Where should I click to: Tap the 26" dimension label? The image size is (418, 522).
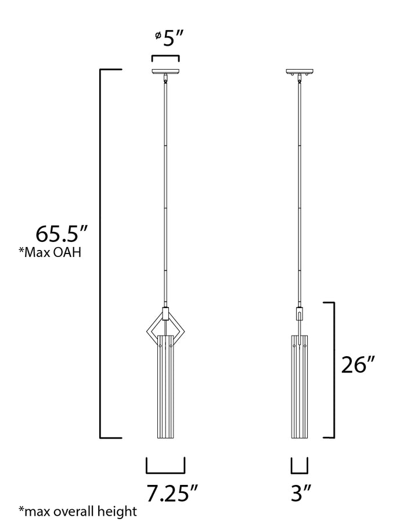coord(358,365)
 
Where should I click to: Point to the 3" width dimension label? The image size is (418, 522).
coord(301,493)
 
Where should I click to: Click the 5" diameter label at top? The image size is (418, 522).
coord(174,39)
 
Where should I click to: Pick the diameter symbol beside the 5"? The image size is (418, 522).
coord(158,35)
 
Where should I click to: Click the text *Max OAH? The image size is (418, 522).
coord(50,252)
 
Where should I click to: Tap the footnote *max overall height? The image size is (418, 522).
coord(78,511)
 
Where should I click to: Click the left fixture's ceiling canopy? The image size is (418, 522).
coord(165,71)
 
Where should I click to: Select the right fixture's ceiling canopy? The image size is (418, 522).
coord(300,71)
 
